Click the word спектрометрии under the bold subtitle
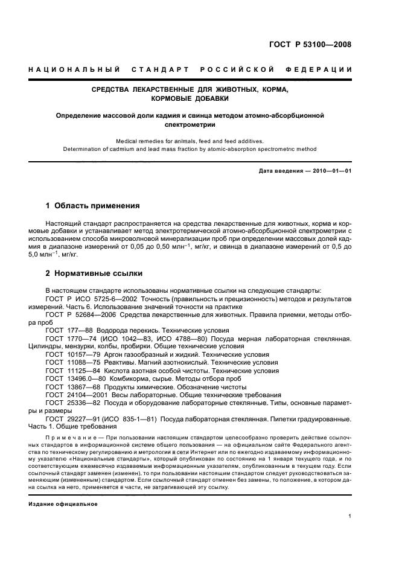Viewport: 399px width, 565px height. [x=190, y=124]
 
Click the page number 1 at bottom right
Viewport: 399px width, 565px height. [x=350, y=516]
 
